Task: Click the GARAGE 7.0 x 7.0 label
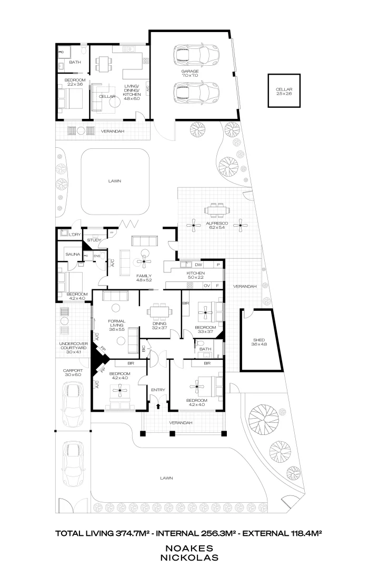[x=190, y=73]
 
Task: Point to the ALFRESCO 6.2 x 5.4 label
[x=217, y=225]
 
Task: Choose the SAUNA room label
[x=73, y=254]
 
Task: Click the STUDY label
[x=94, y=240]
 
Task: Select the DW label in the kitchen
[x=198, y=265]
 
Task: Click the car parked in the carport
[x=72, y=398]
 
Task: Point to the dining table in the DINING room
[x=158, y=312]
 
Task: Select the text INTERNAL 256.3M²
[x=190, y=533]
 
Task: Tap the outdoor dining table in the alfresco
[x=217, y=210]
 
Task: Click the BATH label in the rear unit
[x=75, y=63]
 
